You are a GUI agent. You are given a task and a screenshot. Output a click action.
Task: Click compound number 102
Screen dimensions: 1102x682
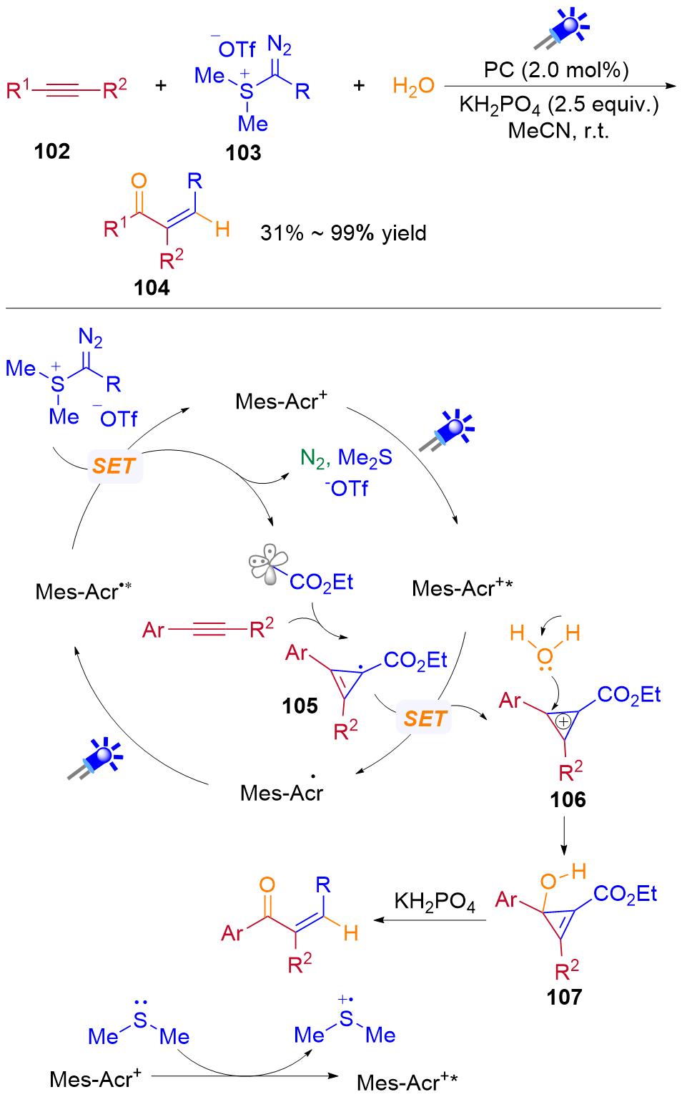pyautogui.click(x=52, y=151)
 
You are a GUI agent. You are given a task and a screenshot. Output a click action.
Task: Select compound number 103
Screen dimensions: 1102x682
pyautogui.click(x=243, y=152)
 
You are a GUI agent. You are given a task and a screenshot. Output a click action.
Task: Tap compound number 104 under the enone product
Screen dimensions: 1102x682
pyautogui.click(x=152, y=288)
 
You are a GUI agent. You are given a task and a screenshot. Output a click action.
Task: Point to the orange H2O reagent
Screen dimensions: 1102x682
pyautogui.click(x=413, y=87)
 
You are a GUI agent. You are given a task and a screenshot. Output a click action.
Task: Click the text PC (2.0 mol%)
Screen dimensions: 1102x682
pyautogui.click(x=556, y=69)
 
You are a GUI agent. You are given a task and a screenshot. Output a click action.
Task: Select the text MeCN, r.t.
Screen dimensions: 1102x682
pyautogui.click(x=558, y=131)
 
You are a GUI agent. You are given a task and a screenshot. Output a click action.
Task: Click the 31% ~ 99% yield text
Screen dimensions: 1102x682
pyautogui.click(x=343, y=233)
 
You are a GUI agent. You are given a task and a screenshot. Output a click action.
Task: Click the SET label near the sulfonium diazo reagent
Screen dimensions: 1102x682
pyautogui.click(x=114, y=467)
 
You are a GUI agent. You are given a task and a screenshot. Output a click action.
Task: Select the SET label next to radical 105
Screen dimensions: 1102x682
pyautogui.click(x=425, y=718)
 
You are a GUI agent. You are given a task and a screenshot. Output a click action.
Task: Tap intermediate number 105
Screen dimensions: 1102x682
pyautogui.click(x=300, y=706)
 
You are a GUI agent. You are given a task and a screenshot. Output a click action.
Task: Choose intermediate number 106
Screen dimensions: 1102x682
pyautogui.click(x=568, y=799)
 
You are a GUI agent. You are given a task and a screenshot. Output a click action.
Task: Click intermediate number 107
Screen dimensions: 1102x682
pyautogui.click(x=564, y=997)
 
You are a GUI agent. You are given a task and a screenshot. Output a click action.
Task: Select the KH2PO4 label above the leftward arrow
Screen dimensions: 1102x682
pyautogui.click(x=434, y=902)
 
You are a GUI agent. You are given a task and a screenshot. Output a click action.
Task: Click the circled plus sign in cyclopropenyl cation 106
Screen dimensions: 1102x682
pyautogui.click(x=563, y=721)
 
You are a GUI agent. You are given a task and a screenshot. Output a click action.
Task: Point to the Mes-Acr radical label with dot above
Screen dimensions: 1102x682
pyautogui.click(x=282, y=792)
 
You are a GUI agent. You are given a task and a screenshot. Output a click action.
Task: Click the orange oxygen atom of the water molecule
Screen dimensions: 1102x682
pyautogui.click(x=545, y=655)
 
